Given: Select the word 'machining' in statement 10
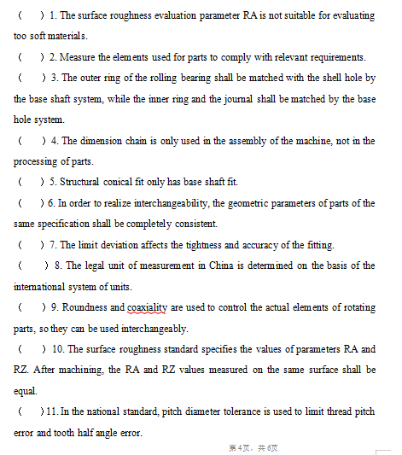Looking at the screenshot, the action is pyautogui.click(x=85, y=370).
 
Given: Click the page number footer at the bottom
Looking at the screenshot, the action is pyautogui.click(x=253, y=447).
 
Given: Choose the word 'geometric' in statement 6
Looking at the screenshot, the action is pyautogui.click(x=259, y=203).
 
